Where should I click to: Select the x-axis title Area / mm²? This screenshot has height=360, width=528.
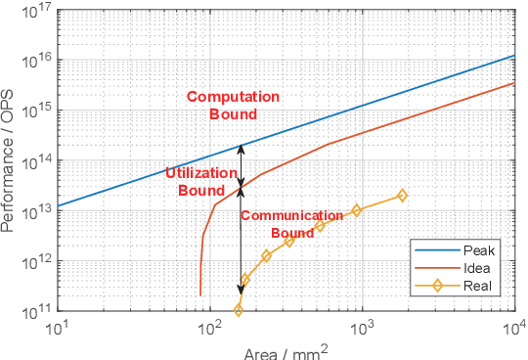(x=283, y=349)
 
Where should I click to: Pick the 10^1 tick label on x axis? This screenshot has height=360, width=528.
(x=58, y=328)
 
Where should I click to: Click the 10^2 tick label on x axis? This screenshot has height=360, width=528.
(x=210, y=328)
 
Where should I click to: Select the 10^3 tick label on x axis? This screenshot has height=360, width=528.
(x=363, y=328)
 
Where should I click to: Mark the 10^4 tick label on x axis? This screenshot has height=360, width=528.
(x=514, y=328)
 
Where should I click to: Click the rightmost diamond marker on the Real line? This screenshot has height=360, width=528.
(x=402, y=196)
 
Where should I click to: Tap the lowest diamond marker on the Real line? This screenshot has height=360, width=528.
(x=239, y=310)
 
